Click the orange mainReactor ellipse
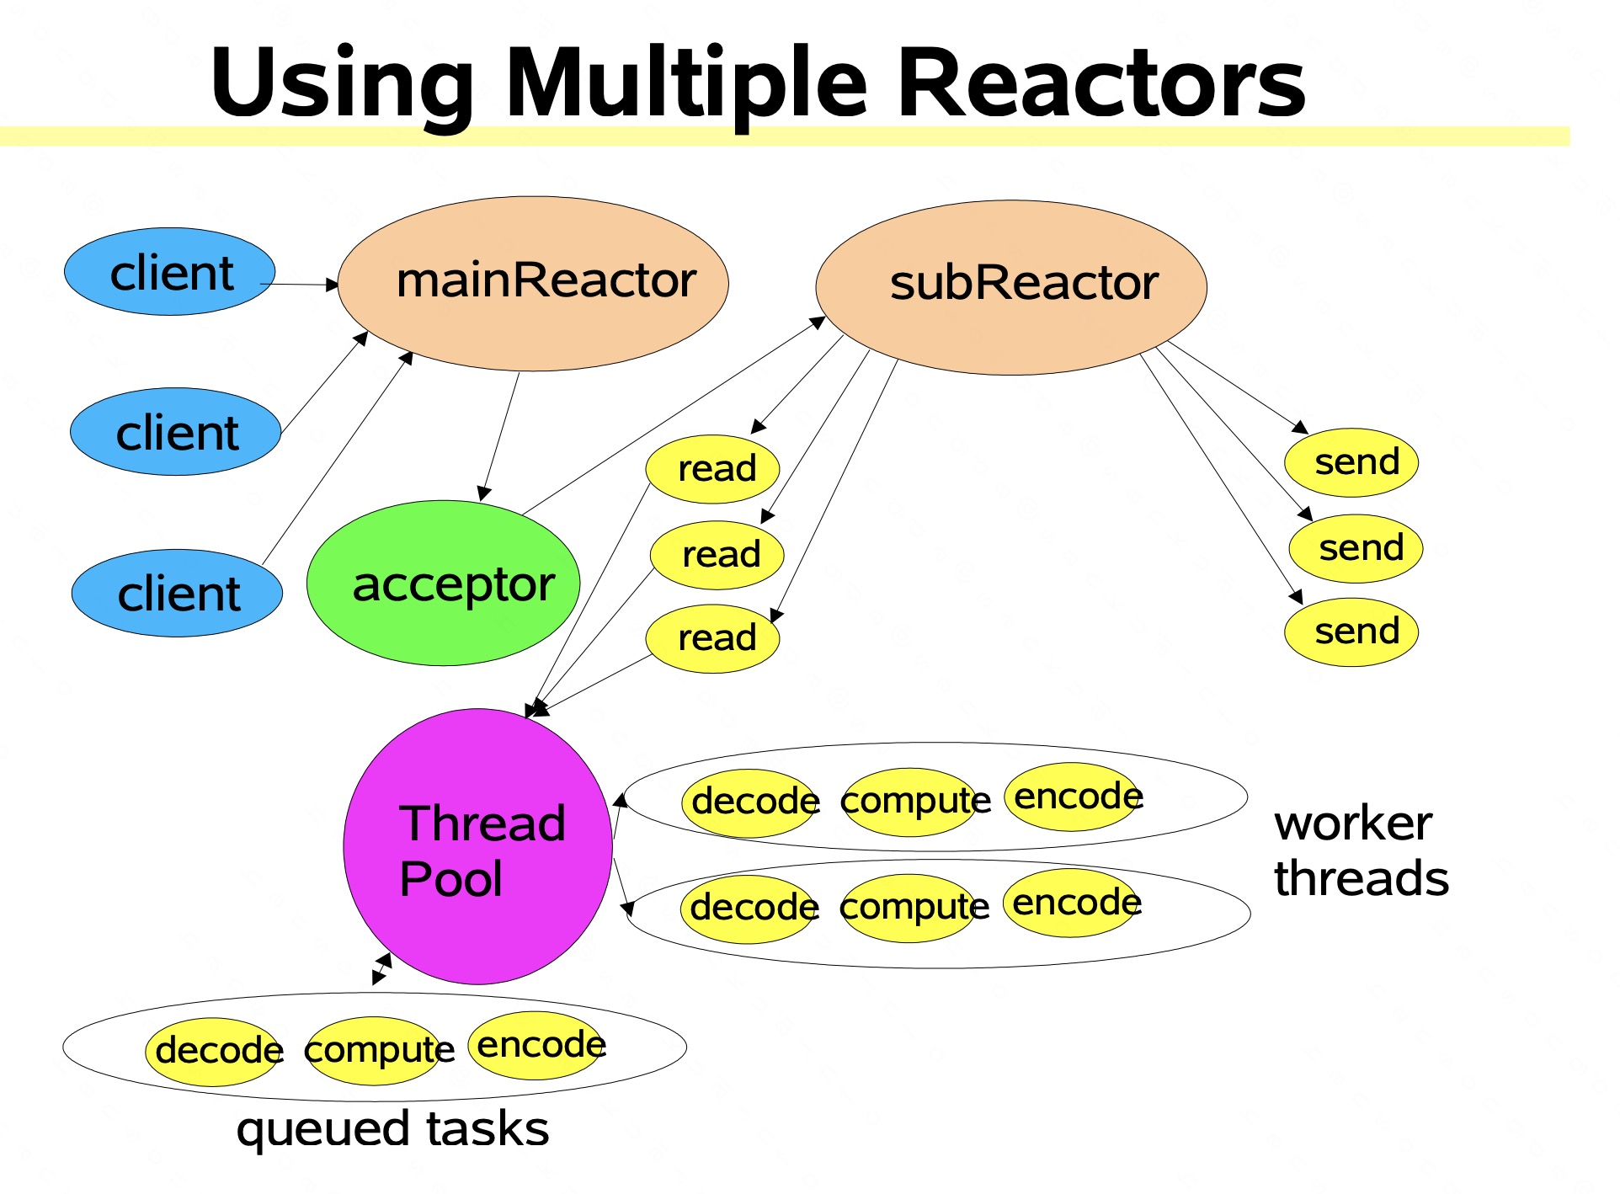point(533,284)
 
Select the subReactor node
point(1011,287)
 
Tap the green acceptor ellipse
point(443,583)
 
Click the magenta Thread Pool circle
point(477,846)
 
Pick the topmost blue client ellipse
point(170,272)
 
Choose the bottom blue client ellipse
point(177,593)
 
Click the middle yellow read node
point(717,555)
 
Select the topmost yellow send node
point(1351,462)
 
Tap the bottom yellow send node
point(1351,632)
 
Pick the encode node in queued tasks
point(536,1046)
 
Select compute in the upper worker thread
point(911,802)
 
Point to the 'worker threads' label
point(1361,850)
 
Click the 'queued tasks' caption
point(392,1129)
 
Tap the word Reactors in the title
point(1102,83)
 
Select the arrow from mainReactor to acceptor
point(499,436)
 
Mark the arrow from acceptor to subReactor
point(674,415)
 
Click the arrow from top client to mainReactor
point(300,285)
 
